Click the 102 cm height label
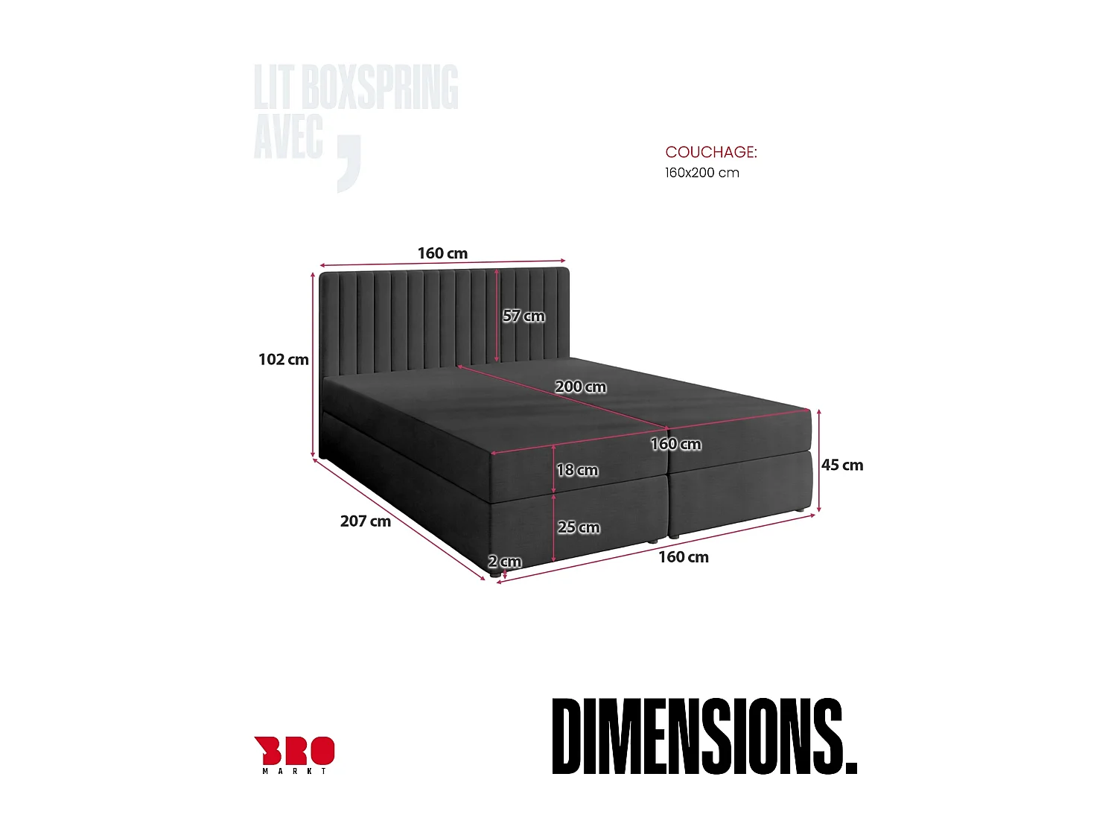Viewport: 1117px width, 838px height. click(x=283, y=360)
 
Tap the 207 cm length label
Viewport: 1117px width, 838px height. click(x=365, y=521)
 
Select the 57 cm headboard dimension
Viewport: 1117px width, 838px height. click(x=524, y=316)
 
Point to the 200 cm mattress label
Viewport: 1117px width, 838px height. click(x=580, y=387)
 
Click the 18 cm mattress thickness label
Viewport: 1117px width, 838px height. click(x=577, y=470)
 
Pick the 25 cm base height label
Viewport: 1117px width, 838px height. click(x=579, y=527)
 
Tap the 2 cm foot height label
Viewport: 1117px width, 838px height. click(x=505, y=562)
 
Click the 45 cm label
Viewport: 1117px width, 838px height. click(x=842, y=465)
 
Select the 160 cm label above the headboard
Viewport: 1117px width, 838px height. click(x=442, y=253)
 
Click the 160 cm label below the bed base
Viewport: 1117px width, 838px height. click(x=683, y=557)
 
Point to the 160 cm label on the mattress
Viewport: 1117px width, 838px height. click(x=675, y=444)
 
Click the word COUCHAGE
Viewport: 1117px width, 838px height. click(x=710, y=152)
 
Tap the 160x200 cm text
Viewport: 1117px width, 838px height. click(x=701, y=173)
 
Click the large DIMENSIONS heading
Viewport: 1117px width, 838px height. click(x=704, y=736)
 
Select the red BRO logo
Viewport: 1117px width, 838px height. click(x=294, y=750)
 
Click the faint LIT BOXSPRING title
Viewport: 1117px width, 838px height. click(x=356, y=87)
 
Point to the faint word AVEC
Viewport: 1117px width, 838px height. click(x=288, y=137)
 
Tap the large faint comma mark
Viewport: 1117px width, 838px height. click(x=349, y=164)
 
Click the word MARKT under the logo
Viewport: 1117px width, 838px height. click(x=294, y=771)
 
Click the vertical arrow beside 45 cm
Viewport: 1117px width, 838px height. click(x=819, y=460)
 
